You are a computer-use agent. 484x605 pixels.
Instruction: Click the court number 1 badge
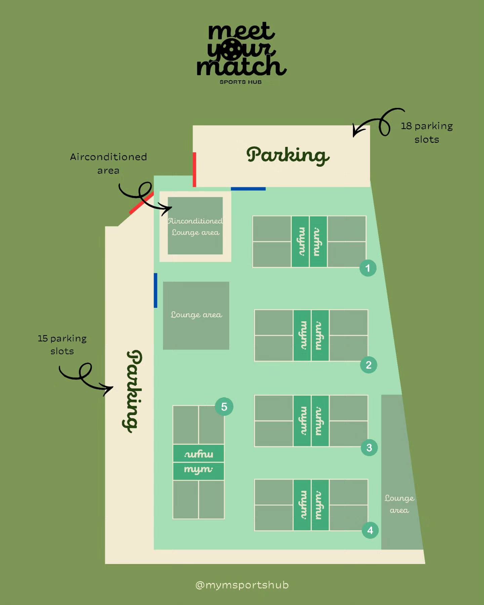click(x=368, y=268)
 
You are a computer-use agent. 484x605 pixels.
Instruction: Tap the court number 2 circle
click(x=368, y=365)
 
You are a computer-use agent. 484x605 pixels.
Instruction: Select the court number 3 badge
click(x=369, y=447)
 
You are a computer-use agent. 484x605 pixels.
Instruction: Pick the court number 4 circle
click(x=370, y=530)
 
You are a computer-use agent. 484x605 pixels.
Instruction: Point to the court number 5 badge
click(x=224, y=407)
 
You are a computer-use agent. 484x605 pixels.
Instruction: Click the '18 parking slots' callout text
click(x=427, y=132)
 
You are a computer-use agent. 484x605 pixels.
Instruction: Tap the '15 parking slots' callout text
click(x=62, y=345)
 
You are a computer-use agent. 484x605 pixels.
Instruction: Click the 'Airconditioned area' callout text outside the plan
click(x=108, y=163)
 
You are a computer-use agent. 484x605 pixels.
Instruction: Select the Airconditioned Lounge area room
click(x=195, y=226)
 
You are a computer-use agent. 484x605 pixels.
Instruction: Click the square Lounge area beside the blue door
click(x=196, y=316)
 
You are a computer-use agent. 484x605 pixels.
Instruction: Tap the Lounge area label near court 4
click(x=399, y=504)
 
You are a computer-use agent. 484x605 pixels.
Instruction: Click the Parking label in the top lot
click(x=288, y=155)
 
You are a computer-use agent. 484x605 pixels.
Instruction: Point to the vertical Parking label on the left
click(x=133, y=391)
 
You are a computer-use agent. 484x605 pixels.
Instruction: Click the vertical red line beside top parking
click(x=194, y=169)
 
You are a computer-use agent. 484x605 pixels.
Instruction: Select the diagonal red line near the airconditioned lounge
click(x=142, y=203)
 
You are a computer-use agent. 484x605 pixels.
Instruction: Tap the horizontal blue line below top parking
click(x=248, y=189)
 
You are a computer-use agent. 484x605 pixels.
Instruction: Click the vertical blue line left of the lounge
click(x=155, y=290)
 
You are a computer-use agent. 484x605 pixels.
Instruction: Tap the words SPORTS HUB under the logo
click(x=241, y=82)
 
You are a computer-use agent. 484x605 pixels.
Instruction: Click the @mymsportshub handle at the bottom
click(x=242, y=585)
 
